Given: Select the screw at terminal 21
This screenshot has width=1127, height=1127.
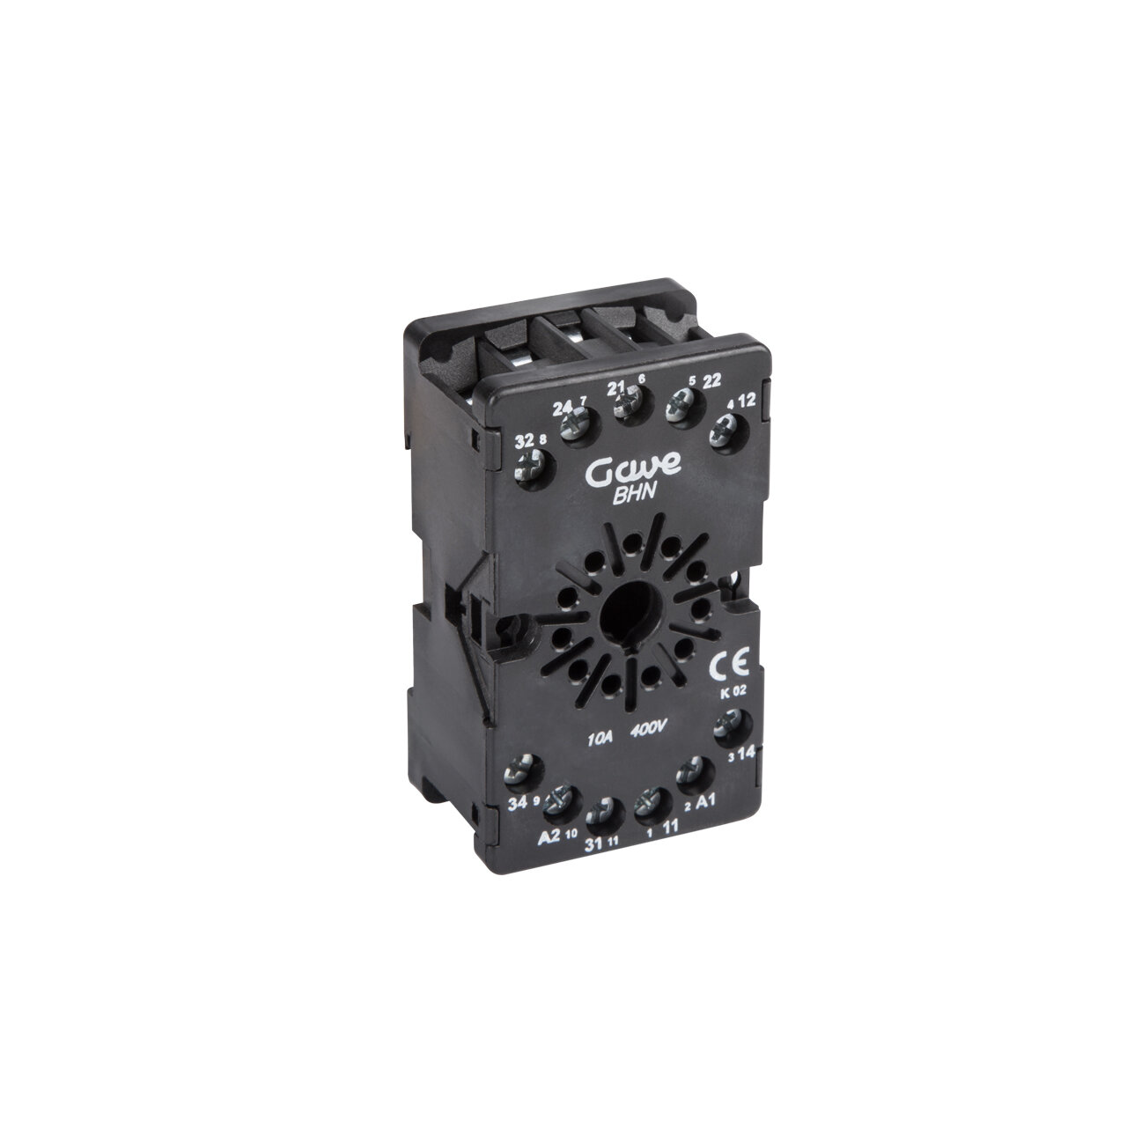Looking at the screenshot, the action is pos(628,403).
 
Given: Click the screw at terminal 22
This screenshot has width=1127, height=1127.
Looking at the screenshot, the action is pos(680,403).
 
